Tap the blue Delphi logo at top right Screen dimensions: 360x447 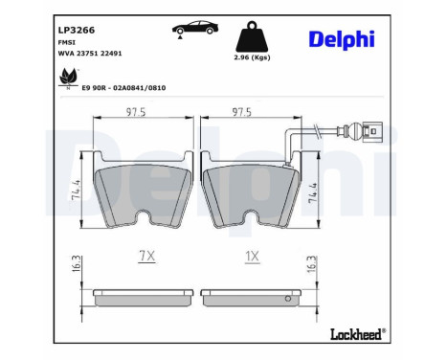pos(342,38)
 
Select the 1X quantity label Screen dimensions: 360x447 pos(252,257)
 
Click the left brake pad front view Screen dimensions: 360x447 pos(141,188)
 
